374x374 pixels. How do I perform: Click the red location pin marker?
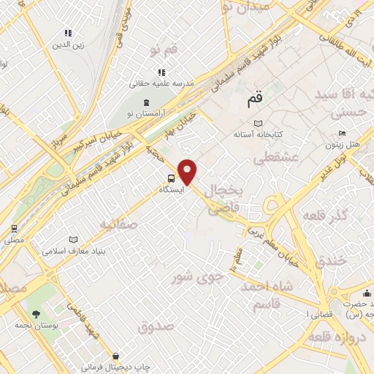click(188, 171)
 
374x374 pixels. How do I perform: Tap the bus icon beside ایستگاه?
click(171, 178)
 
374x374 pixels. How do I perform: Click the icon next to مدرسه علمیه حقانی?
click(162, 72)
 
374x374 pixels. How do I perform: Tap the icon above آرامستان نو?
click(148, 102)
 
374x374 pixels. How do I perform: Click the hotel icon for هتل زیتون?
click(342, 134)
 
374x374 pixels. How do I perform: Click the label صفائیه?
click(118, 224)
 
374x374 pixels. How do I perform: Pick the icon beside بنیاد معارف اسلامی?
click(72, 240)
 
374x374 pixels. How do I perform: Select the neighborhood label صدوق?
click(158, 326)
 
